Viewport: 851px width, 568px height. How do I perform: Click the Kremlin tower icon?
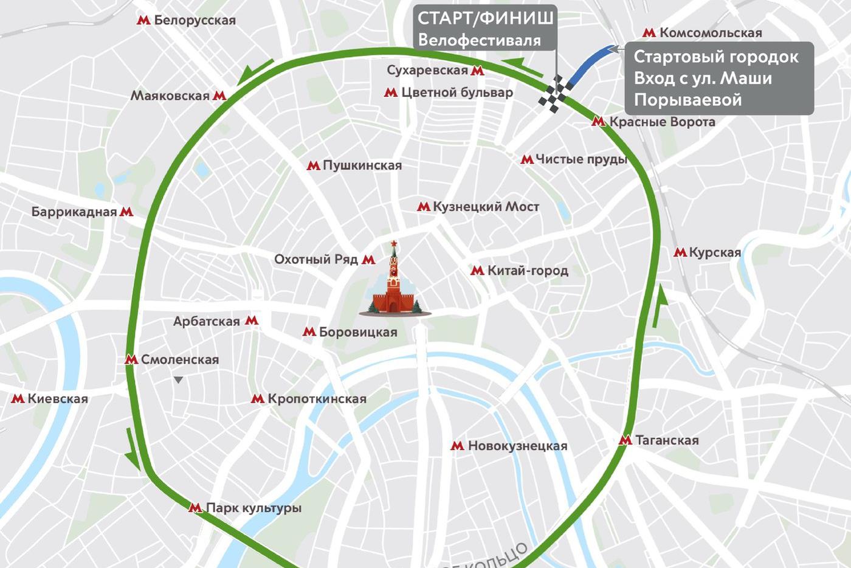click(394, 280)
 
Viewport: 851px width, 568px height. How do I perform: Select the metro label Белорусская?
click(195, 20)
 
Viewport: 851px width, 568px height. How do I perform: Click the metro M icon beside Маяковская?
click(219, 95)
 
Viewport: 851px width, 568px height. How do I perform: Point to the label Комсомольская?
click(711, 33)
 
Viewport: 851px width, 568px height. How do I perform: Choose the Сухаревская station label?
click(427, 71)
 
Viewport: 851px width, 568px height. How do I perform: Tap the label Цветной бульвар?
click(457, 92)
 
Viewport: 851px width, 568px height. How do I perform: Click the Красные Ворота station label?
click(662, 122)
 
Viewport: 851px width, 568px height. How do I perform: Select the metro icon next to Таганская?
click(625, 440)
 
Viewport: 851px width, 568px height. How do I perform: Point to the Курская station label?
click(715, 252)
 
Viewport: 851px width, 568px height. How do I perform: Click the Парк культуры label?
click(253, 508)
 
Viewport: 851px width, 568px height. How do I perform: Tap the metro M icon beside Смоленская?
click(131, 359)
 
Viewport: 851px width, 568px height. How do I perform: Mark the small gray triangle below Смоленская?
click(178, 380)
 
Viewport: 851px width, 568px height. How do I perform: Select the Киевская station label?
click(58, 399)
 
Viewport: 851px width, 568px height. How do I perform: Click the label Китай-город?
click(528, 271)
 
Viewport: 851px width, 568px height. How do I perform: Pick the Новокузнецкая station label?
click(517, 446)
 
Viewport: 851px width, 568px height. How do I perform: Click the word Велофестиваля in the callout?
click(479, 41)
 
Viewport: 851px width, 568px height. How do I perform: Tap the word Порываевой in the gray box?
click(687, 100)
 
